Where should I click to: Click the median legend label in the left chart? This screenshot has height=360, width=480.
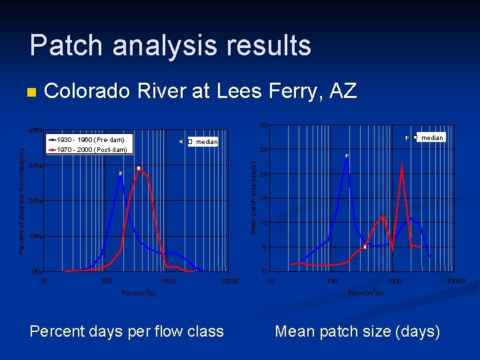pos(207,142)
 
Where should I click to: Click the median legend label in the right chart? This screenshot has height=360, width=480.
pos(431,137)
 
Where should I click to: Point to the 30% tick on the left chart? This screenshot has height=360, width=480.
pos(35,165)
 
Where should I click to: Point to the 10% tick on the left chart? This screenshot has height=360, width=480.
pos(35,236)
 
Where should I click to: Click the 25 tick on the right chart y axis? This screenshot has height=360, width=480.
pos(264,149)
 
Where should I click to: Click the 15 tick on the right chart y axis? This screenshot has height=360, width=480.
pos(264,199)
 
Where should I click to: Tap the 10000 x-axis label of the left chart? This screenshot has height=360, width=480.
pos(229,281)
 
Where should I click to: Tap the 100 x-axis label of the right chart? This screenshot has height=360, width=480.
pos(332,281)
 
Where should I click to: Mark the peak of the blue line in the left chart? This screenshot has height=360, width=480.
pos(120,175)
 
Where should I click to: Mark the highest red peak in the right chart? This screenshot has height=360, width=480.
pos(402,164)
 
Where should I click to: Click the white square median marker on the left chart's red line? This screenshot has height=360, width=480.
pos(139,169)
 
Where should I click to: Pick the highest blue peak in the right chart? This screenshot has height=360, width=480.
pos(347,157)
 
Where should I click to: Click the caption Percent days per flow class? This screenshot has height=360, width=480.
pos(127,331)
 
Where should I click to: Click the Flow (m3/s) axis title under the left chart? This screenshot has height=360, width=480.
pos(139,293)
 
